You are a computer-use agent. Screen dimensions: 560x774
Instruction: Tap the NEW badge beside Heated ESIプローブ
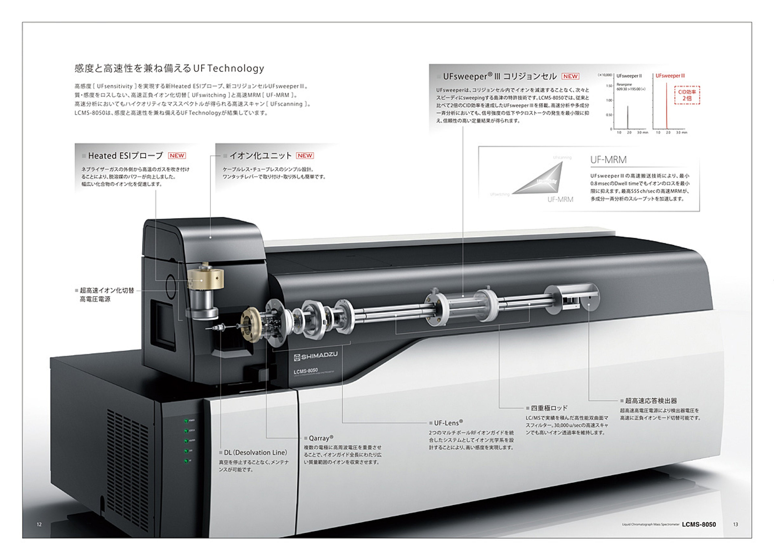coord(177,156)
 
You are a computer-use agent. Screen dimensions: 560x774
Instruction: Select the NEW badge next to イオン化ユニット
coord(305,156)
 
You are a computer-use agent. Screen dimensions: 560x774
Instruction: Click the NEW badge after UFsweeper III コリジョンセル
coord(570,76)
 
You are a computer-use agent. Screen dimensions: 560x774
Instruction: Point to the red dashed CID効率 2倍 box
coord(687,95)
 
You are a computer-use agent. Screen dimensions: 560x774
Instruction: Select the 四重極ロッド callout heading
coord(549,408)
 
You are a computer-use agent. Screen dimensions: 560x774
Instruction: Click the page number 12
coord(39,525)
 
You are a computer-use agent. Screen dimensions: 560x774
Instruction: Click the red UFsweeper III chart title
coord(670,76)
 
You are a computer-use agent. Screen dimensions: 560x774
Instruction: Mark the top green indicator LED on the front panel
coord(186,420)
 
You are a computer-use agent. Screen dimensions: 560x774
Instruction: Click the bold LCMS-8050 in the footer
coord(699,525)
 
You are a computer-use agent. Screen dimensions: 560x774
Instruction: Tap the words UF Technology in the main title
coord(229,68)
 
